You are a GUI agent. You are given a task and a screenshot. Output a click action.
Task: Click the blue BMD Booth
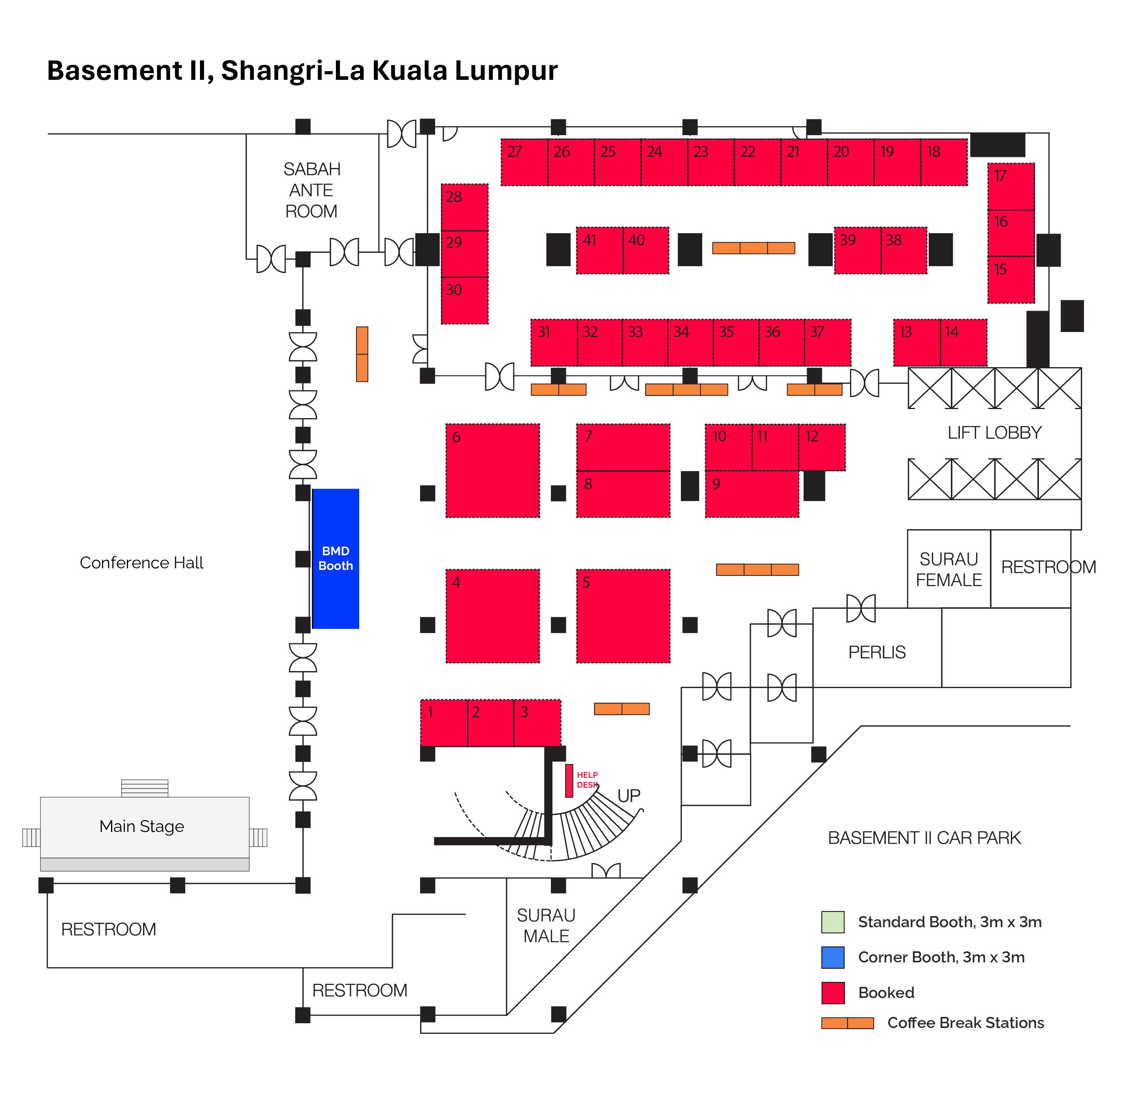(336, 558)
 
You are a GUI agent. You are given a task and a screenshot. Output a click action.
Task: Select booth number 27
(524, 162)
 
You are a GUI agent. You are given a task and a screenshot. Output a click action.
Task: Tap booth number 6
(492, 471)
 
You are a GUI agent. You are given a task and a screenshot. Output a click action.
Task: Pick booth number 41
(599, 251)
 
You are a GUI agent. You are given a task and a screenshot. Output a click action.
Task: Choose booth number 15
(1010, 279)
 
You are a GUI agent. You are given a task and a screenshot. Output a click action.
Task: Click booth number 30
(464, 300)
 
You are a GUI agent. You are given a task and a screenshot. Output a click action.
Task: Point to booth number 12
(821, 447)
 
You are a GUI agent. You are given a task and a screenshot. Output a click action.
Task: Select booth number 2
(490, 723)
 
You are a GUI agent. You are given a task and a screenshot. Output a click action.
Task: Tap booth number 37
(827, 343)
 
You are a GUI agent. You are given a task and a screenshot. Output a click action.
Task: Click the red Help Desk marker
(569, 781)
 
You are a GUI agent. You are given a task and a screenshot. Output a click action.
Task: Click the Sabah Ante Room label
(311, 190)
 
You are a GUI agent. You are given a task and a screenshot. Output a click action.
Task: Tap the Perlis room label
(877, 653)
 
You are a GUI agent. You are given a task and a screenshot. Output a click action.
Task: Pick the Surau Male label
(546, 926)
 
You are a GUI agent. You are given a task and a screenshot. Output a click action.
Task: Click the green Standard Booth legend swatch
(832, 922)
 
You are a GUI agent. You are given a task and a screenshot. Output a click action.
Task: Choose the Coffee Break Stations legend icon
(847, 1023)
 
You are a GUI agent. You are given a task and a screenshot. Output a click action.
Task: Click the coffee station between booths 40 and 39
(753, 248)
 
